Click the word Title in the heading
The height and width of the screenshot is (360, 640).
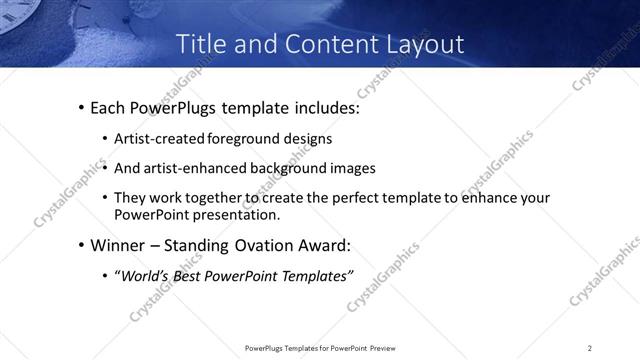click(200, 45)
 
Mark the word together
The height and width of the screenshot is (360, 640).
click(218, 198)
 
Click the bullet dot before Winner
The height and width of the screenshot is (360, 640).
click(81, 246)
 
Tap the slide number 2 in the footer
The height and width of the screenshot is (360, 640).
click(590, 347)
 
